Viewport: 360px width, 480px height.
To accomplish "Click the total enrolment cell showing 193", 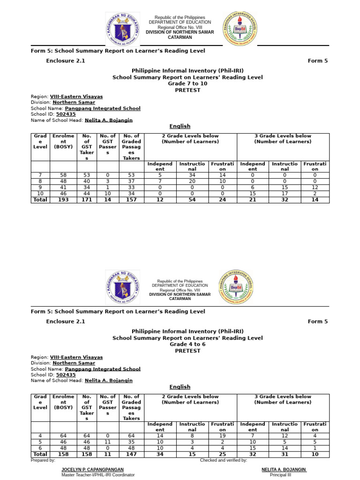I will pyautogui.click(x=63, y=200).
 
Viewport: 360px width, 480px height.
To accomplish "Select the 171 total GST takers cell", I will pyautogui.click(x=87, y=200).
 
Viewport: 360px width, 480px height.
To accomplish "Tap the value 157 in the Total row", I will pyautogui.click(x=131, y=200).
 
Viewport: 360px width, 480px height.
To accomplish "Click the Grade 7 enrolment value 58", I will pyautogui.click(x=63, y=175).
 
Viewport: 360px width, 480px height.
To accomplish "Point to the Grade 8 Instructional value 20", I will pyautogui.click(x=192, y=181).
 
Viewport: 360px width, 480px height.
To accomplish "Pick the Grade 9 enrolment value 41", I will pyautogui.click(x=63, y=187).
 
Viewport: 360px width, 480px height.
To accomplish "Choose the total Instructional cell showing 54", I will pyautogui.click(x=192, y=200).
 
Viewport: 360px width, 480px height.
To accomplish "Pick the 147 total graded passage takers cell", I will pyautogui.click(x=131, y=454).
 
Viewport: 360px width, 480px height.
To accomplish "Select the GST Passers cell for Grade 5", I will pyautogui.click(x=108, y=442).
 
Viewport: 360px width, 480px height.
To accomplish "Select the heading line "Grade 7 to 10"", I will pyautogui.click(x=187, y=83).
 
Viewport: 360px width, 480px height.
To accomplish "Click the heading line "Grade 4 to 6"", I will pyautogui.click(x=187, y=344).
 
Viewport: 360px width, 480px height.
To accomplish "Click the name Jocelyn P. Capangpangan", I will pyautogui.click(x=92, y=469).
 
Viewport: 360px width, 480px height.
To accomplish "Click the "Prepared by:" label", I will pyautogui.click(x=43, y=460).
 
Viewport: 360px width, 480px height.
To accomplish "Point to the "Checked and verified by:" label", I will pyautogui.click(x=223, y=460).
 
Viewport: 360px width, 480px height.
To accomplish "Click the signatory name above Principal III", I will pyautogui.click(x=284, y=469).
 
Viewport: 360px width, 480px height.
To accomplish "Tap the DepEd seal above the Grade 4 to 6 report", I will pyautogui.click(x=122, y=286).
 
